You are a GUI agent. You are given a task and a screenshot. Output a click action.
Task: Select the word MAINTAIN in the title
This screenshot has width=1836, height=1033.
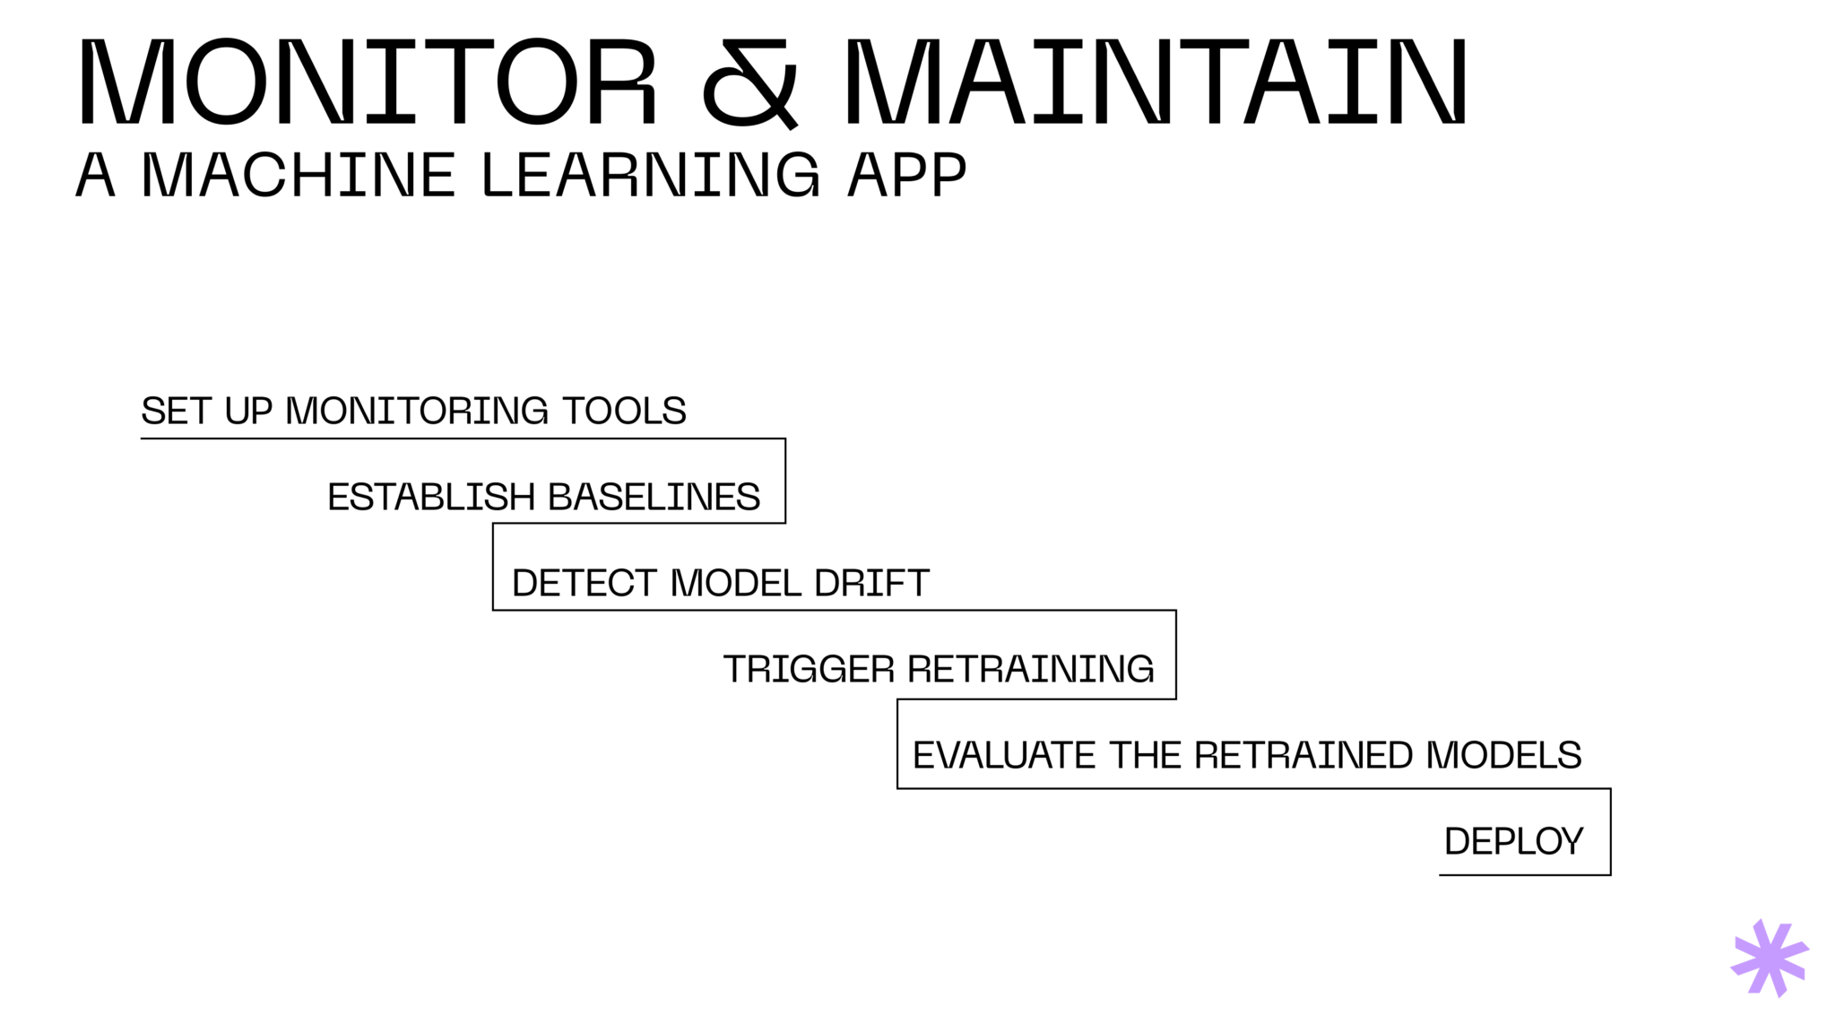pyautogui.click(x=1155, y=82)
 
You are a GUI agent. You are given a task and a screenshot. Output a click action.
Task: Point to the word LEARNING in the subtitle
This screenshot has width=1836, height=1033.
pyautogui.click(x=651, y=175)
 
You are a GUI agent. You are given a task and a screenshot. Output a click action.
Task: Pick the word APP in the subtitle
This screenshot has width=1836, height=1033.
pyautogui.click(x=906, y=175)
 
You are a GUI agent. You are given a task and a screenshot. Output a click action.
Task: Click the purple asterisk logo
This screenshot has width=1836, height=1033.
pyautogui.click(x=1769, y=958)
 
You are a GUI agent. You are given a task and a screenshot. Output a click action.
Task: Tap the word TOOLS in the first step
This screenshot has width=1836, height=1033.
pyautogui.click(x=624, y=412)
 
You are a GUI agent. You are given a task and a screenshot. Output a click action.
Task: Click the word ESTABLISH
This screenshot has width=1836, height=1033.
pyautogui.click(x=431, y=497)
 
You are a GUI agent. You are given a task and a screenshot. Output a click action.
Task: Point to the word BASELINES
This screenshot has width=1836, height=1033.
pyautogui.click(x=654, y=497)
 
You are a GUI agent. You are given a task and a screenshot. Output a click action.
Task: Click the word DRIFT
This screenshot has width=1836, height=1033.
pyautogui.click(x=871, y=584)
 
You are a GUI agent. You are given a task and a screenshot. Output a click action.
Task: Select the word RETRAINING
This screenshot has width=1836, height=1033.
pyautogui.click(x=1030, y=670)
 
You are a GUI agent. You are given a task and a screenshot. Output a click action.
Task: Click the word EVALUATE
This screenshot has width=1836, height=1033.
pyautogui.click(x=1003, y=756)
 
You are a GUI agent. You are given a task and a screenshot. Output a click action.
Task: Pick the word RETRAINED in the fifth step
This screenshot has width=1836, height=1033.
pyautogui.click(x=1303, y=756)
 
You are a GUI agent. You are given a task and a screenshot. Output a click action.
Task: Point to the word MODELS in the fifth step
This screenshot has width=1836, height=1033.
pyautogui.click(x=1503, y=756)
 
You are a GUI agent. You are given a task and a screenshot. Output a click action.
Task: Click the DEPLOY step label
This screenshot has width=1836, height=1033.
pyautogui.click(x=1513, y=842)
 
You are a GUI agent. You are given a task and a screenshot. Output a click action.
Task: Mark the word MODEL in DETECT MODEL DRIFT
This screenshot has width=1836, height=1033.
pyautogui.click(x=736, y=584)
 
